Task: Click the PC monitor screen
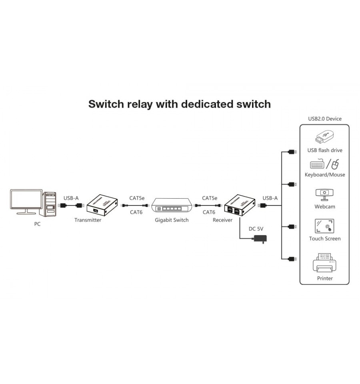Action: [26, 199]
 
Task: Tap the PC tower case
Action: [49, 204]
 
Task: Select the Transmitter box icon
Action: [102, 205]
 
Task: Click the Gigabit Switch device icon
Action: [172, 205]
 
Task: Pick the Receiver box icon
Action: [240, 205]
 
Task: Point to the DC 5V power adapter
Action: [260, 239]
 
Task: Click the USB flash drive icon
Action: [324, 137]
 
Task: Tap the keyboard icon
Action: [317, 164]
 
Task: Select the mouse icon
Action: [335, 164]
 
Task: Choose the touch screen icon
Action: [324, 226]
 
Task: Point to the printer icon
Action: [324, 263]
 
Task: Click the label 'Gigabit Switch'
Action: [172, 220]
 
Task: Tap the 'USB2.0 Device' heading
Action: [325, 119]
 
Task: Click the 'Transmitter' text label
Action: [88, 220]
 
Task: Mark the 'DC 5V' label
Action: [256, 229]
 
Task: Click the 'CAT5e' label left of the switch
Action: [137, 198]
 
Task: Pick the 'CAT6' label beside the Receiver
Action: [209, 212]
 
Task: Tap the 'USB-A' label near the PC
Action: [71, 198]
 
